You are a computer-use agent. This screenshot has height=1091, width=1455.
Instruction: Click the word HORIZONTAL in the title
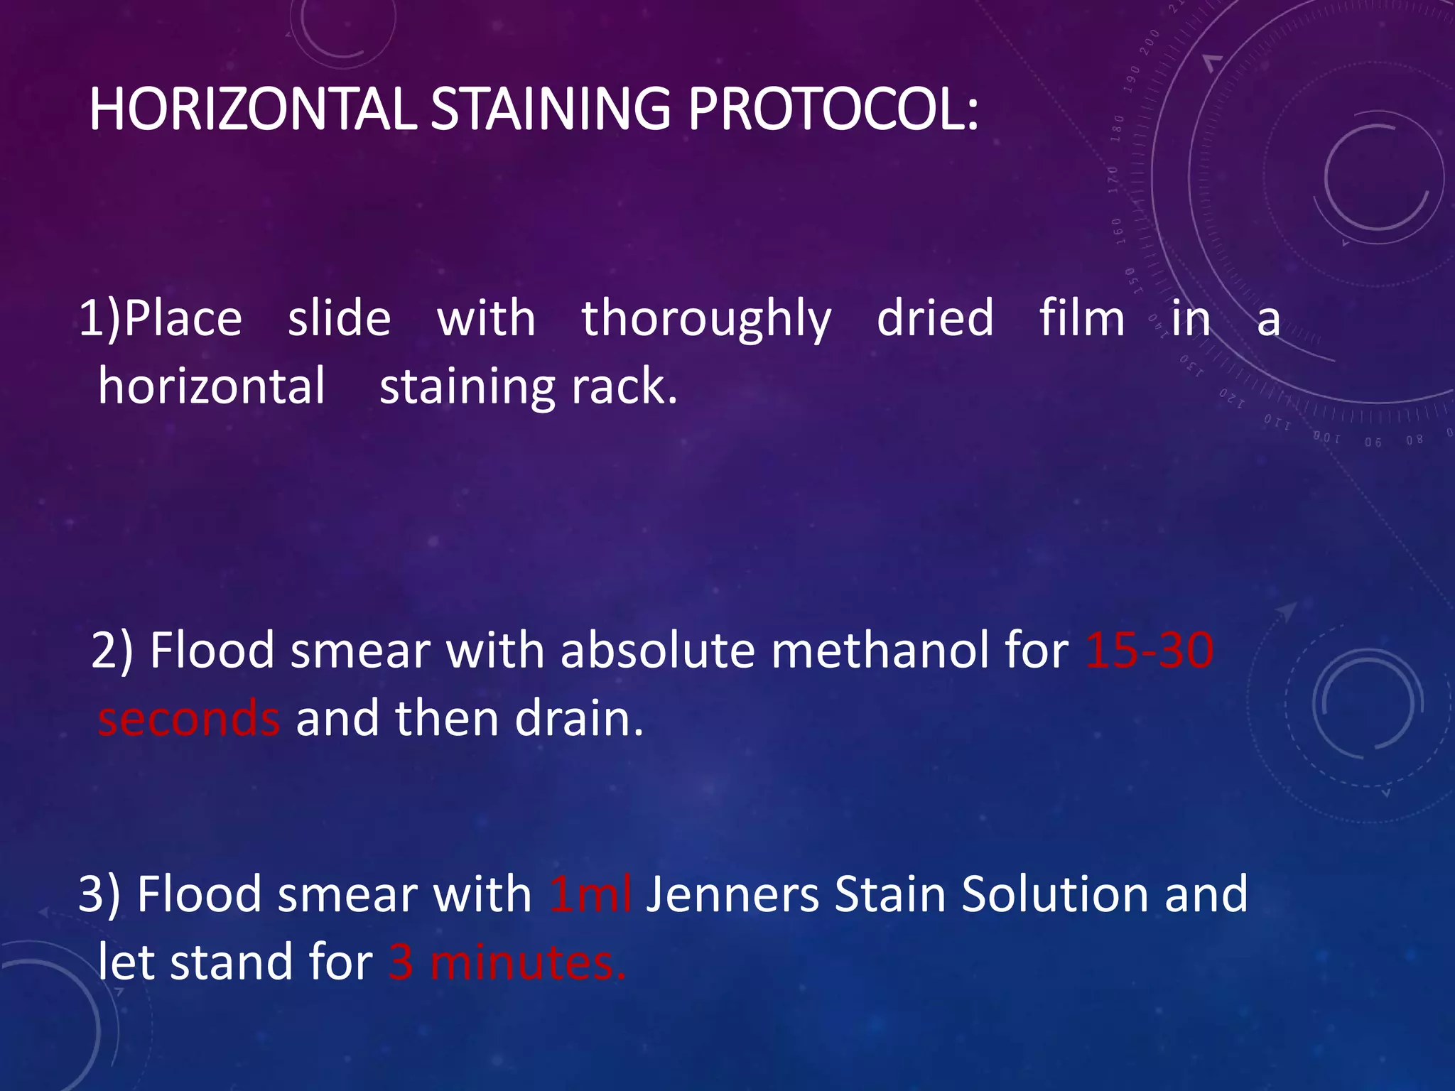(x=252, y=110)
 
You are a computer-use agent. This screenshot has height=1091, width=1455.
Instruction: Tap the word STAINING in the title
(x=551, y=110)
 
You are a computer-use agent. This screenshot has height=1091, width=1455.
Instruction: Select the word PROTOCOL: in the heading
(x=833, y=110)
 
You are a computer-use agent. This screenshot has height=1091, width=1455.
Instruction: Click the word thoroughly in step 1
(x=706, y=320)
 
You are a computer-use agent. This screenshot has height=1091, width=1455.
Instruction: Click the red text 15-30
(x=1150, y=651)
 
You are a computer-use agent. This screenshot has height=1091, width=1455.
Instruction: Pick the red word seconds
(x=189, y=719)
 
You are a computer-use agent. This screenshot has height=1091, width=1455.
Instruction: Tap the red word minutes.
(x=528, y=963)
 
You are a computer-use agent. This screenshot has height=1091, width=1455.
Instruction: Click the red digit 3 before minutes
(x=401, y=963)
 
